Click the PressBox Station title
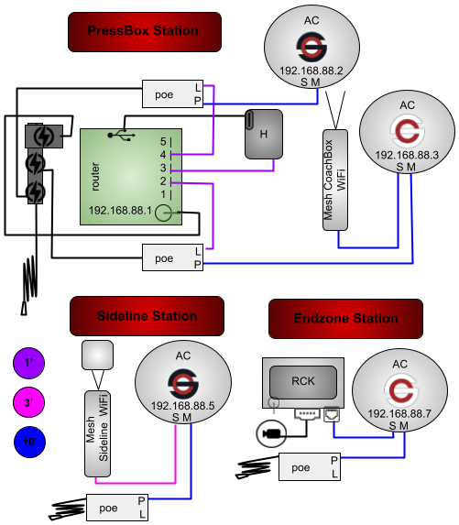pyautogui.click(x=143, y=31)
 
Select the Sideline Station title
pyautogui.click(x=147, y=316)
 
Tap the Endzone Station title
pyautogui.click(x=345, y=319)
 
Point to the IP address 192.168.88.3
pyautogui.click(x=405, y=155)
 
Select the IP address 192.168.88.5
pyautogui.click(x=181, y=404)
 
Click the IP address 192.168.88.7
pyautogui.click(x=399, y=413)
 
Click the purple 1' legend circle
pyautogui.click(x=28, y=364)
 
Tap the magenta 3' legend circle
pyautogui.click(x=28, y=402)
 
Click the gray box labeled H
pyautogui.click(x=263, y=135)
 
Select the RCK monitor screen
pyautogui.click(x=302, y=381)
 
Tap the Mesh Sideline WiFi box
pyautogui.click(x=97, y=432)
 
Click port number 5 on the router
pyautogui.click(x=163, y=142)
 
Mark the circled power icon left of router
pyautogui.click(x=43, y=137)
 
